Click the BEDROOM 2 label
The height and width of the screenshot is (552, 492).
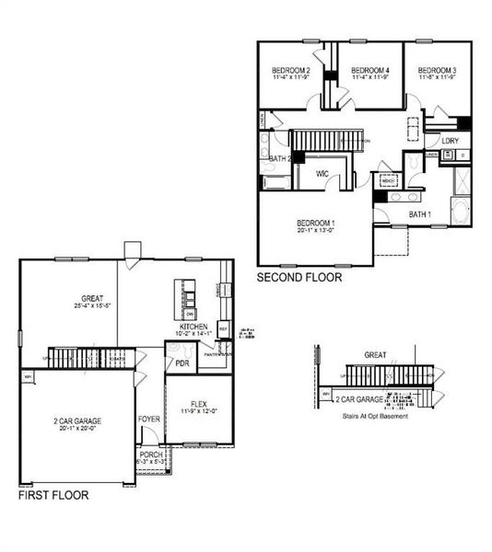[290, 70]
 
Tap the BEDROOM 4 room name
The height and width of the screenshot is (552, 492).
[370, 70]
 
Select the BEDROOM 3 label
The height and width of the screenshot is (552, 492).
[437, 70]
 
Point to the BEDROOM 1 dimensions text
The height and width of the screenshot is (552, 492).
[315, 231]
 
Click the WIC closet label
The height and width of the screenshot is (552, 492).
[322, 173]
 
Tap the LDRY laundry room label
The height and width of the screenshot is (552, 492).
[450, 141]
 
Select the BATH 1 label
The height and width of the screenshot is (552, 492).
[420, 214]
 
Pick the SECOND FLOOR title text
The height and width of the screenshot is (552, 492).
[299, 276]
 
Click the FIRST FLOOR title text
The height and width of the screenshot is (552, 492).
[53, 495]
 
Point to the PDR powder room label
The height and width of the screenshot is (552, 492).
[182, 362]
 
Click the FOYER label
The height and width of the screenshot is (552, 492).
[149, 417]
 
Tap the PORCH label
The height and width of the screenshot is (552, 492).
[150, 454]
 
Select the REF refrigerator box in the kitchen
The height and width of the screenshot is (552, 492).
[223, 330]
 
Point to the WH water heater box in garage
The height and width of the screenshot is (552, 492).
[28, 375]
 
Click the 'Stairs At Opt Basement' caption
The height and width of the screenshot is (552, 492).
[374, 416]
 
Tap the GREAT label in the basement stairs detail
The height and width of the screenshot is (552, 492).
[375, 354]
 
